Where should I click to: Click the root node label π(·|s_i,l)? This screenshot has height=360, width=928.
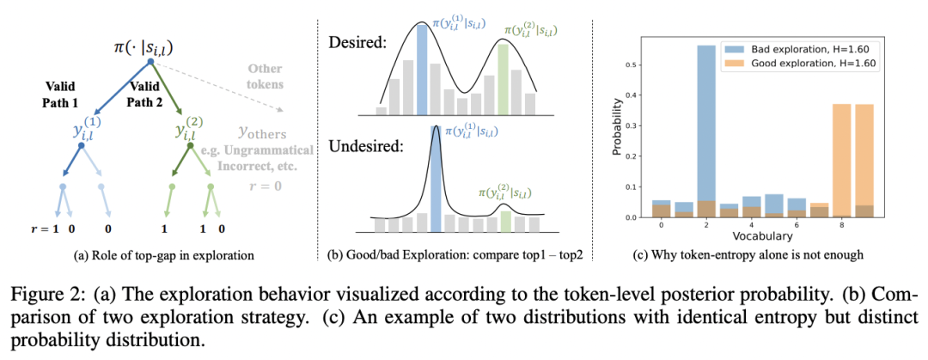[150, 45]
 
